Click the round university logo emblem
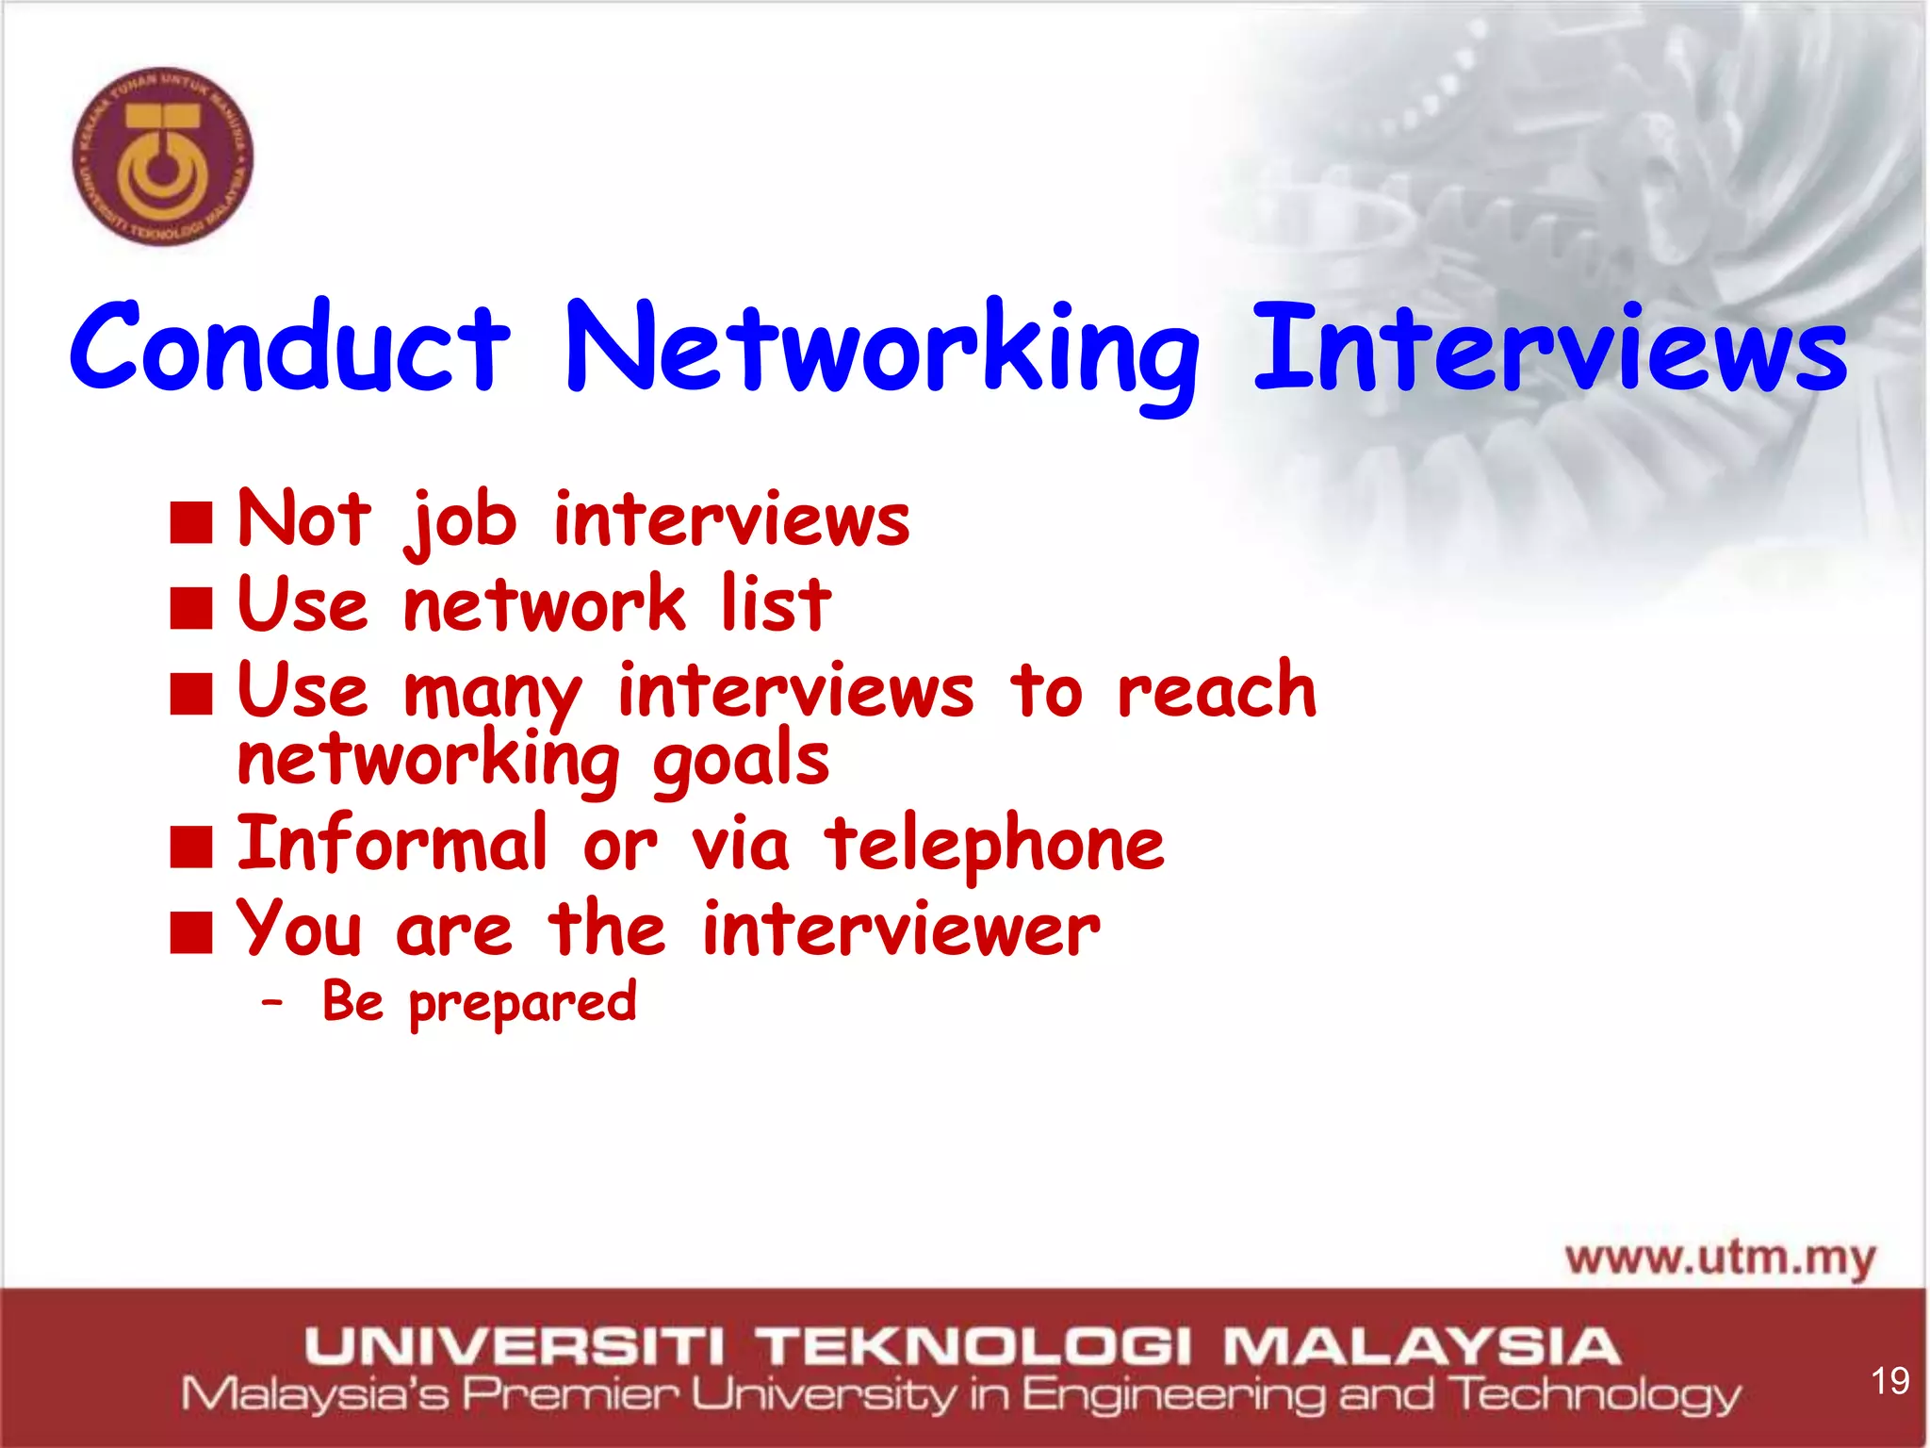(163, 156)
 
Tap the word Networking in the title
(880, 349)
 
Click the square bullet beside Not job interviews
(191, 523)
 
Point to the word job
(462, 521)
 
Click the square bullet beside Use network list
(191, 608)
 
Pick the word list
(776, 604)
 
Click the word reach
(1217, 690)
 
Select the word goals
(741, 763)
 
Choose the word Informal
(392, 843)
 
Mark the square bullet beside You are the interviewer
(191, 932)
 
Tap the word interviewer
(901, 930)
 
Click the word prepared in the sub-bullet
(523, 1003)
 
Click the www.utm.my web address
(1721, 1259)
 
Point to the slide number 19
(1889, 1381)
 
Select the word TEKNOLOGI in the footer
(976, 1346)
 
